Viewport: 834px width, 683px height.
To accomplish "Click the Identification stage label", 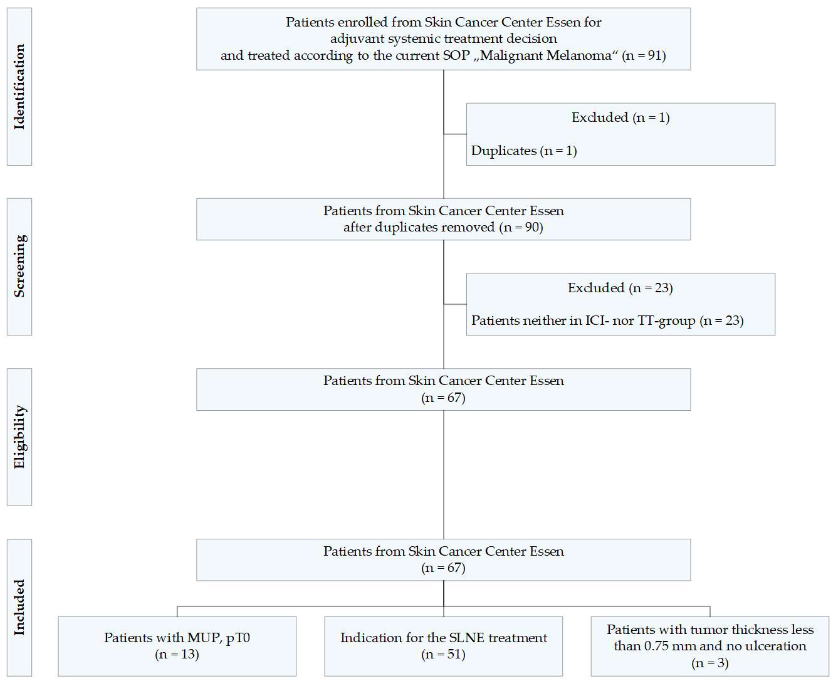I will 19,87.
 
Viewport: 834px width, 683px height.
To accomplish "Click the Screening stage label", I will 19,266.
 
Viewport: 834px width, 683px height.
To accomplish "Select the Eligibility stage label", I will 19,437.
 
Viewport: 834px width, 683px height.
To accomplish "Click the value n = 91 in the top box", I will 644,55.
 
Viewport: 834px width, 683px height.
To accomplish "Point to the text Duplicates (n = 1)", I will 524,151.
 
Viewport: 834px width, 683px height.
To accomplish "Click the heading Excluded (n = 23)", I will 620,288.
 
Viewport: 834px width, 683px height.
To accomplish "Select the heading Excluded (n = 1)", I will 620,118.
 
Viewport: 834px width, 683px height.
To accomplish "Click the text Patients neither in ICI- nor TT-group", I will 583,321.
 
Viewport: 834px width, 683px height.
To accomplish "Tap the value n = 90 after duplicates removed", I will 521,227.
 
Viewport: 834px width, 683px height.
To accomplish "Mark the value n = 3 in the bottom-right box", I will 710,663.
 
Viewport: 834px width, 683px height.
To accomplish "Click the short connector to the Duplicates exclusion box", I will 455,134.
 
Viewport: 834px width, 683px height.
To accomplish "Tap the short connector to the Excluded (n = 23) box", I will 455,304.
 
